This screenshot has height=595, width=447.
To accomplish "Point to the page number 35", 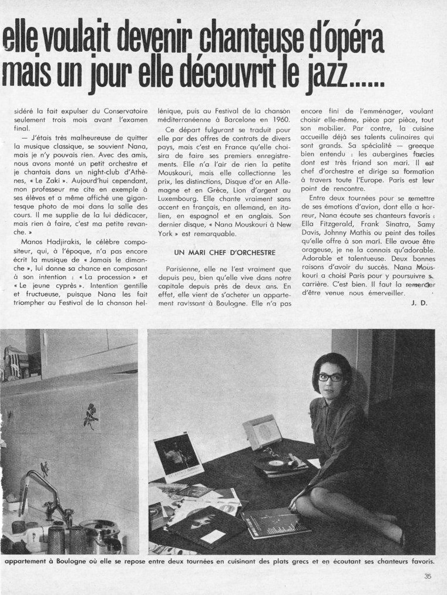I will point(428,576).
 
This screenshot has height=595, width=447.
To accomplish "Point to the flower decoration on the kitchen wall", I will point(90,415).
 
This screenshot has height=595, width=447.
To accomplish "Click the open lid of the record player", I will point(261,431).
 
